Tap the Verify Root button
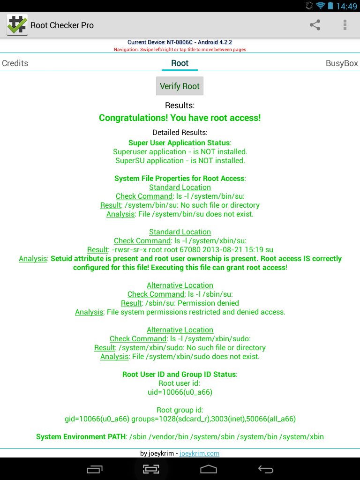click(180, 86)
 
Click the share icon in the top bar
click(315, 25)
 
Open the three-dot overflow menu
click(345, 25)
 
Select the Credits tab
click(15, 63)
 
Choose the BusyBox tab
click(342, 63)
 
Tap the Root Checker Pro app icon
click(17, 25)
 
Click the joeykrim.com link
click(199, 453)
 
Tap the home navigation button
click(209, 469)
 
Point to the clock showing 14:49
click(346, 6)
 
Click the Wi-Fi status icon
click(321, 6)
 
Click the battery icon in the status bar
click(331, 6)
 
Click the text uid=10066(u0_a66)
click(180, 392)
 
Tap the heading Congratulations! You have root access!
click(180, 118)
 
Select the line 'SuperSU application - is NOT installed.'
click(180, 160)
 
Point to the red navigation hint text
click(180, 49)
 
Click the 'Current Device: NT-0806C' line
click(180, 42)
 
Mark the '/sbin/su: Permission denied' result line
click(180, 303)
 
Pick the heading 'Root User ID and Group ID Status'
click(180, 374)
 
